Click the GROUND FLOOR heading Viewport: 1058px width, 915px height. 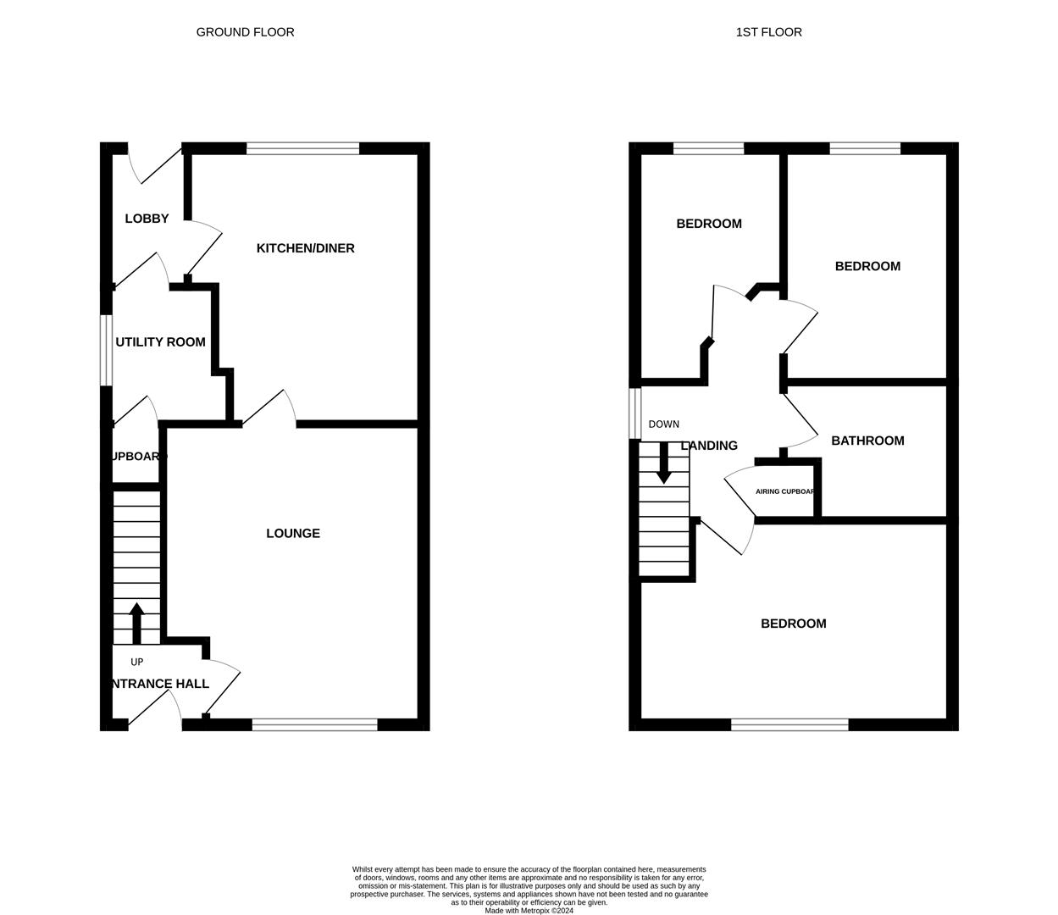tap(245, 32)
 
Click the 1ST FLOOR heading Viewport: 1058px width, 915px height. tap(768, 32)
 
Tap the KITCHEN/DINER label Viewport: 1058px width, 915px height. tap(305, 248)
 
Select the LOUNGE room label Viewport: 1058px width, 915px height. tap(293, 533)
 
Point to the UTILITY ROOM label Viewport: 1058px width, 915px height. tap(160, 342)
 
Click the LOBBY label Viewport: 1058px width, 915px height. tap(147, 219)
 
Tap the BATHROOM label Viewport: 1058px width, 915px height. tap(867, 441)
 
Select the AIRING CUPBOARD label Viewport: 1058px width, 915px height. tap(785, 491)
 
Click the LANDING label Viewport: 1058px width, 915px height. tap(709, 446)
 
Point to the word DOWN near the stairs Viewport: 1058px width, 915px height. tap(663, 424)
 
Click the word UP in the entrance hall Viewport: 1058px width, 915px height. tap(136, 662)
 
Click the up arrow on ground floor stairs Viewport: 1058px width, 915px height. tap(136, 623)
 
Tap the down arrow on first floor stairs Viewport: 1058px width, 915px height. tap(663, 463)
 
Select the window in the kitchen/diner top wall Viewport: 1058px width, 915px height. tap(302, 149)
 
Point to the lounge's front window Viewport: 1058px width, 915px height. tap(314, 724)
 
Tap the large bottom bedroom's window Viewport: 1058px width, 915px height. tap(789, 724)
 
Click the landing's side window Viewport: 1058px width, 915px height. tap(634, 413)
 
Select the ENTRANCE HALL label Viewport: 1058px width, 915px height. tap(159, 684)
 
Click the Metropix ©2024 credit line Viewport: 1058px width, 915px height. tap(529, 911)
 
